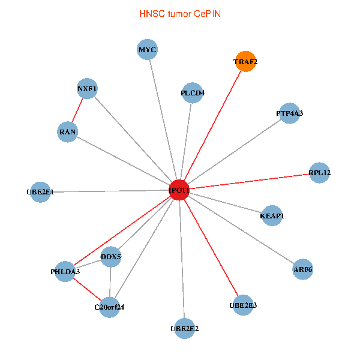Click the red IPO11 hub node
click(179, 190)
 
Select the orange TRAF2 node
click(245, 62)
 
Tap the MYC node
click(147, 50)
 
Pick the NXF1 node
click(87, 89)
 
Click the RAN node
click(67, 132)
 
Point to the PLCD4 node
click(193, 93)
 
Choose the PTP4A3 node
click(290, 113)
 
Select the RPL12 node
click(319, 173)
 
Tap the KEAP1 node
click(272, 216)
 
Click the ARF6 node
click(303, 269)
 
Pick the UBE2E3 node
click(243, 305)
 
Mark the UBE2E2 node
click(185, 329)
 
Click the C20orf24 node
click(110, 307)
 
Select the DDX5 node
click(111, 257)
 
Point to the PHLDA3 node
click(65, 272)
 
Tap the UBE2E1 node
click(40, 192)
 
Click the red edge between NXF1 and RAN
click(77, 110)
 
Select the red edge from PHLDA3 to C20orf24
click(87, 289)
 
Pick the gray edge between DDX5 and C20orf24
click(110, 282)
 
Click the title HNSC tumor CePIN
click(180, 14)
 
